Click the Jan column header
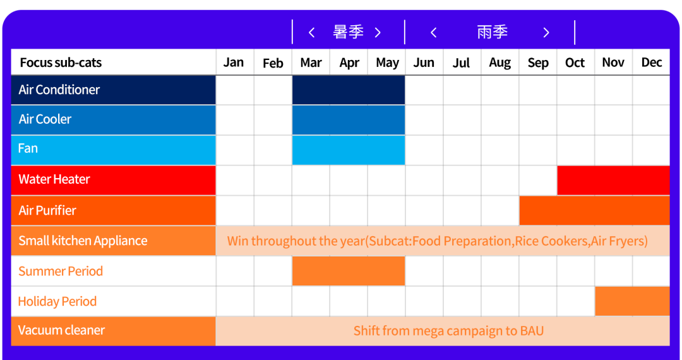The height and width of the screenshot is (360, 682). click(x=234, y=63)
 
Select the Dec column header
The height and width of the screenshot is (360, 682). click(x=651, y=63)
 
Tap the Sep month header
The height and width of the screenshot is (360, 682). click(x=538, y=63)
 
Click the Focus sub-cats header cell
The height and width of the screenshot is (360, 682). click(x=61, y=63)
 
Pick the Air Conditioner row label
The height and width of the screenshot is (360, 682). click(x=59, y=90)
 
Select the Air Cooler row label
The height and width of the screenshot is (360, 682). click(x=45, y=119)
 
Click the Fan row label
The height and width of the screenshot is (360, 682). click(x=28, y=149)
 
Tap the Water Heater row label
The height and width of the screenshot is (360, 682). click(x=54, y=179)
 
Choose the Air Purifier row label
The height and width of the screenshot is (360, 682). click(x=47, y=210)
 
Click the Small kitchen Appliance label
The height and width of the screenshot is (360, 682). click(x=83, y=241)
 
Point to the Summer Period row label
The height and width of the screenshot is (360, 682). click(x=61, y=272)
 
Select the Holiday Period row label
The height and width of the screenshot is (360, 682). click(x=57, y=302)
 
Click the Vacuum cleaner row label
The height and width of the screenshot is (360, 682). click(x=61, y=330)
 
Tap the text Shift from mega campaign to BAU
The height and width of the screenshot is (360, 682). click(x=448, y=331)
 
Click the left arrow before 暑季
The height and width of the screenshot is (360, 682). click(x=311, y=33)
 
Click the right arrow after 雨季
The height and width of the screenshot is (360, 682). click(x=546, y=33)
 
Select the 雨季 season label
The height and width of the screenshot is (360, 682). click(x=493, y=32)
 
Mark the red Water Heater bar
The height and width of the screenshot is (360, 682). click(x=613, y=180)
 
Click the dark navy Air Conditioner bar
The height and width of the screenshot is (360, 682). click(x=348, y=90)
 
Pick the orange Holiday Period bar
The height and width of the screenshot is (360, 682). click(x=632, y=301)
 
